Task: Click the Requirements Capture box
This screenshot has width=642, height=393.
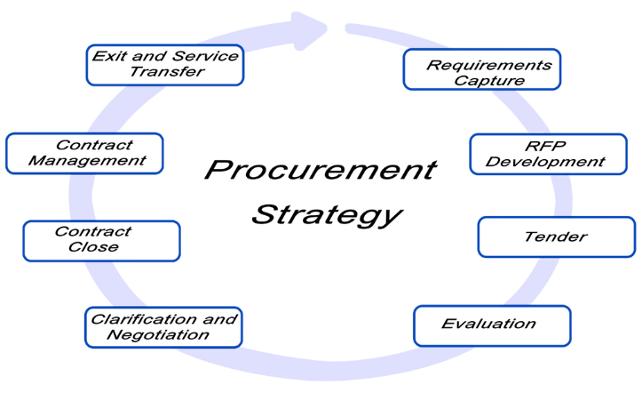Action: (482, 69)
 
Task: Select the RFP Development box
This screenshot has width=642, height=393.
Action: (548, 154)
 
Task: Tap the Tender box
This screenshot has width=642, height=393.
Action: (557, 237)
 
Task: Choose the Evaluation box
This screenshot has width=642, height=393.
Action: (492, 325)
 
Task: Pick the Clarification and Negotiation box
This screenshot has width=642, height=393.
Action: (163, 327)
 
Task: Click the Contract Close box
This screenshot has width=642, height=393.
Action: (101, 241)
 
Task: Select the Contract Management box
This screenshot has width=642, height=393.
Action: (84, 153)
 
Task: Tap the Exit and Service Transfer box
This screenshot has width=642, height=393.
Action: (165, 65)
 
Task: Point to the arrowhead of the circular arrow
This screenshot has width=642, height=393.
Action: (310, 31)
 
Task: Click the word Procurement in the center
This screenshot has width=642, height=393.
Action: (321, 170)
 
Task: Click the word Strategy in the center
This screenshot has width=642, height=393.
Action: (327, 215)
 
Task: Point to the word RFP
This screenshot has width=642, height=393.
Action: (545, 146)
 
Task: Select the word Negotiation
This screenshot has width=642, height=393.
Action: (158, 335)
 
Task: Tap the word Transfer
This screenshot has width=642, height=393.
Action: (167, 72)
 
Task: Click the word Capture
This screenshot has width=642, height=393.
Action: (489, 81)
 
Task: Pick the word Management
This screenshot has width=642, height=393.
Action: (87, 161)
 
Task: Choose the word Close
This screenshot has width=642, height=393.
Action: (93, 247)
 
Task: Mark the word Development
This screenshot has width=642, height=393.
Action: (545, 162)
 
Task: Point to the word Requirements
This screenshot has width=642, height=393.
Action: (489, 65)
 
